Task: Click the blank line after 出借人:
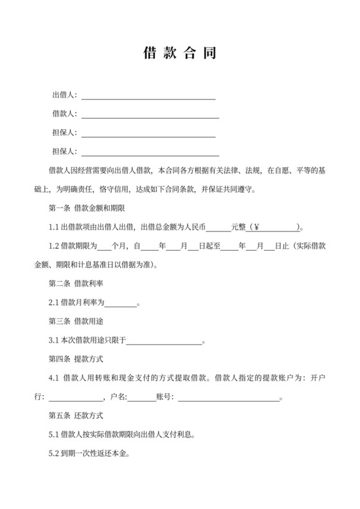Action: [x=148, y=96]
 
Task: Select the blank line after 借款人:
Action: [x=150, y=115]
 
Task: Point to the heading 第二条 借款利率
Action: [x=78, y=283]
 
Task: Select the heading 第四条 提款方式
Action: [x=78, y=358]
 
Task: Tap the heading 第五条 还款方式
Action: [x=78, y=416]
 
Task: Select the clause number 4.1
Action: [x=54, y=377]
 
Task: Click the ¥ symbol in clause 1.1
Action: [x=256, y=228]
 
